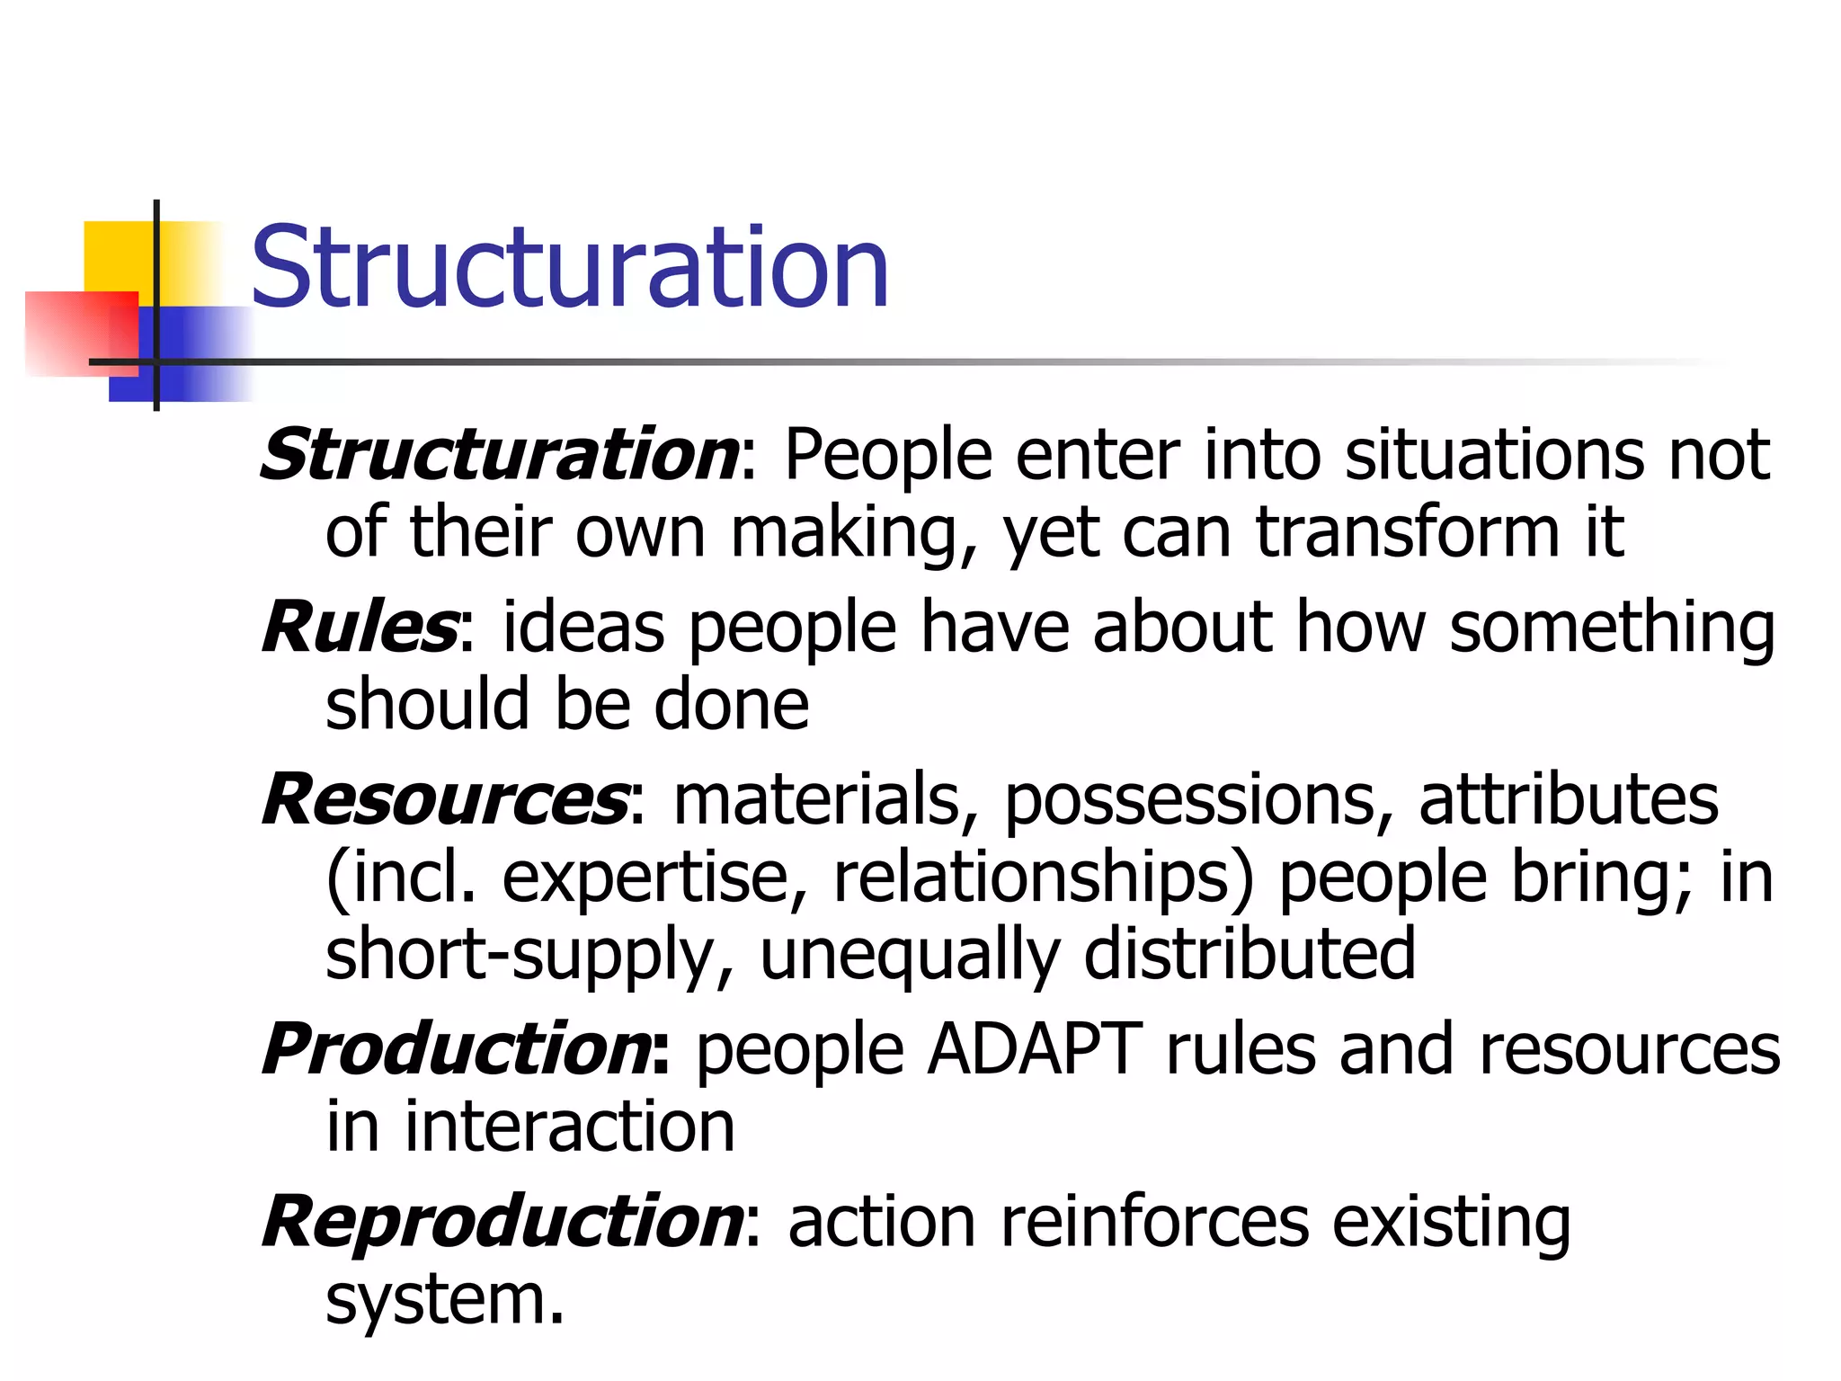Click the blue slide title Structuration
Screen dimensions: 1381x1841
tap(570, 268)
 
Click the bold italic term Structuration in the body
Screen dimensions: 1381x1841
tap(499, 455)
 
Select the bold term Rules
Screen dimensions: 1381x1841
tap(360, 627)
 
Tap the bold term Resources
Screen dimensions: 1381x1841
tap(445, 799)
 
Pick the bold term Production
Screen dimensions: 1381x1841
tap(457, 1049)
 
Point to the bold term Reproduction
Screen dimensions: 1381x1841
tap(502, 1222)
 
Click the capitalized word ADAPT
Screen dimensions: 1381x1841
tap(1035, 1049)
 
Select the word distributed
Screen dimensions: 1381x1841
tap(1250, 954)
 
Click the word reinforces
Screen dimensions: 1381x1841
tap(1154, 1222)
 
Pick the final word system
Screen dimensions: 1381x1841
tap(444, 1301)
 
